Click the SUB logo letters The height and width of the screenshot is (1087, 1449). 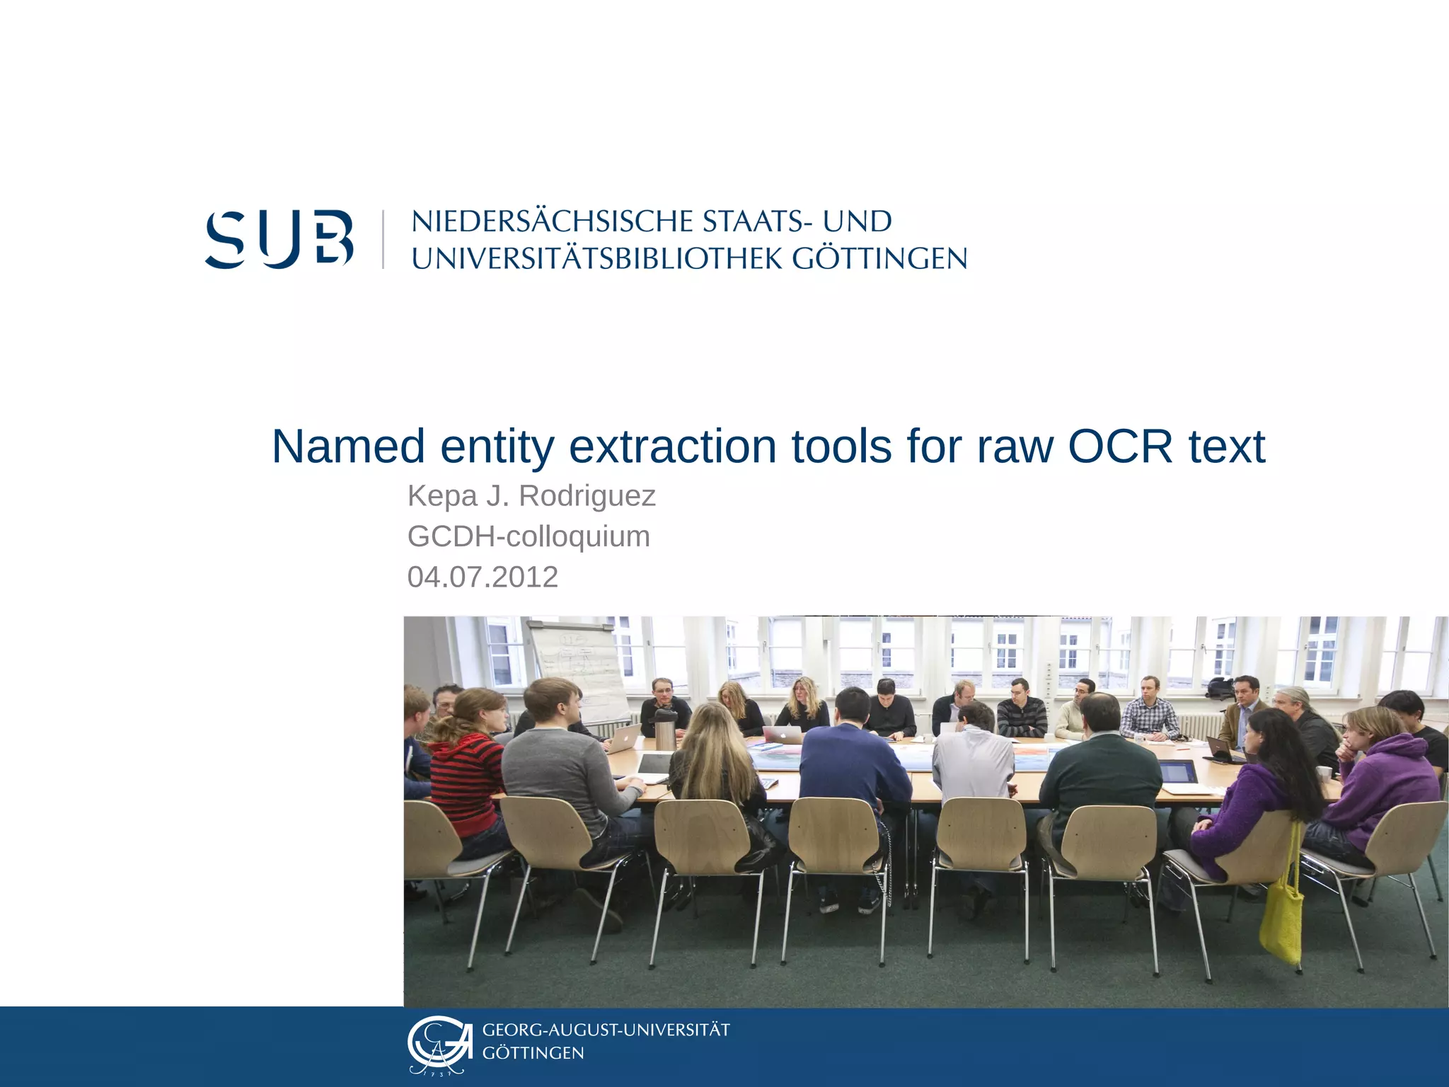click(279, 238)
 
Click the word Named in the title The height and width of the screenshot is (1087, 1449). click(348, 447)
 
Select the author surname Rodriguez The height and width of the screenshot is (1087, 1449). click(587, 495)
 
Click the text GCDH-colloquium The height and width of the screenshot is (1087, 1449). click(529, 536)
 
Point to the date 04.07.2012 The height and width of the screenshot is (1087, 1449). click(483, 577)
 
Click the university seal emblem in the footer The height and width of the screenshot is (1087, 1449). click(439, 1045)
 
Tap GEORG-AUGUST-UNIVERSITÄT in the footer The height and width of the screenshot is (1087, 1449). click(606, 1030)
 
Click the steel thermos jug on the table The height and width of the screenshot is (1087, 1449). click(664, 729)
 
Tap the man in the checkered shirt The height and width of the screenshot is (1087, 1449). click(1149, 711)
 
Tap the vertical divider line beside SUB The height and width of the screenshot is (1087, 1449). click(383, 239)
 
